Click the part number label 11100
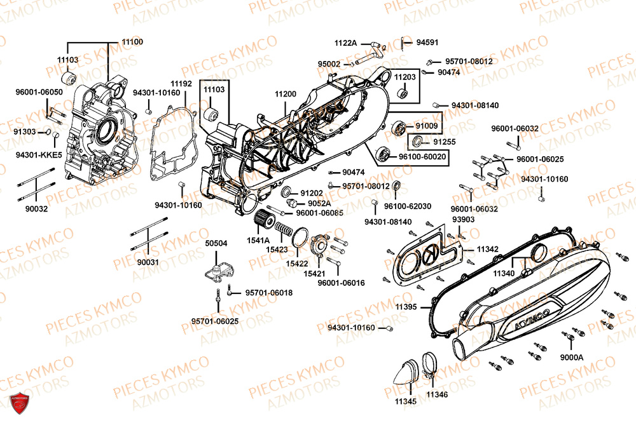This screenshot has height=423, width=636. [132, 42]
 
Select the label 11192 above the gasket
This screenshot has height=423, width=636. [181, 83]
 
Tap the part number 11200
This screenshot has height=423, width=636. [286, 94]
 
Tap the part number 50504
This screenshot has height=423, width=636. [216, 243]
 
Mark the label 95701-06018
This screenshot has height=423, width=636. [268, 292]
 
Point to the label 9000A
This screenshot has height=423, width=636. [572, 358]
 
